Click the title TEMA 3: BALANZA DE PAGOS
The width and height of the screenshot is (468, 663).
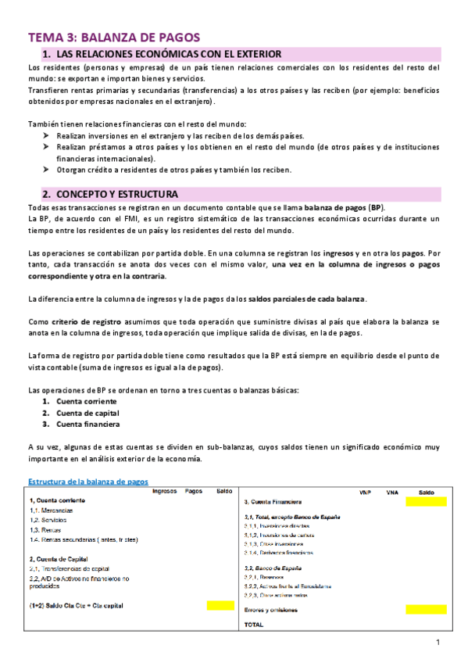(114, 37)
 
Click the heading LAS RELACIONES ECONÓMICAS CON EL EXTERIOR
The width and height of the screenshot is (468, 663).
(167, 54)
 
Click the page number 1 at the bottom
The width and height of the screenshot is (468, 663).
(438, 643)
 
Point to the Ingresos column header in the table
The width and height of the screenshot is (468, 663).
(164, 491)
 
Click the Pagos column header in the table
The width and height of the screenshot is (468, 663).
(194, 491)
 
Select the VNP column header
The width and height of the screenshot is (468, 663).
(365, 493)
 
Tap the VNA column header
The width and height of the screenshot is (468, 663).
(392, 493)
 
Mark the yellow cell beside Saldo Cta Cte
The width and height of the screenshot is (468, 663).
(220, 605)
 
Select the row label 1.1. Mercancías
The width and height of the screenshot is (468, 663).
(52, 510)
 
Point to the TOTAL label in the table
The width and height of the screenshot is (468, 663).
(254, 625)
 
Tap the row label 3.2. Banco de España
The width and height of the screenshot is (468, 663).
(273, 567)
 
